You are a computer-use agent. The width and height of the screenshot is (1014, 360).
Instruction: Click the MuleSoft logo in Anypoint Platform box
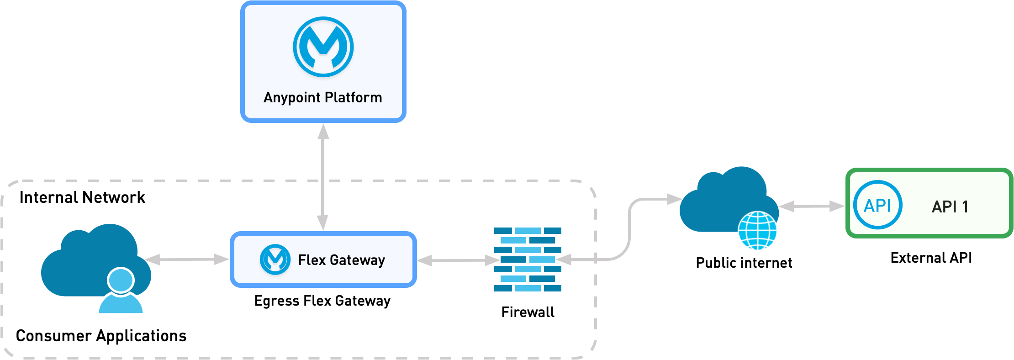[323, 47]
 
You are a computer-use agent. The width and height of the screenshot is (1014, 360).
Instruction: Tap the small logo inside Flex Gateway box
[275, 259]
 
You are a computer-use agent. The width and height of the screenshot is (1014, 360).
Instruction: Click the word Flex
[312, 260]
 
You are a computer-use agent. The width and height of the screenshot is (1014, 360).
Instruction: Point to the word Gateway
[357, 260]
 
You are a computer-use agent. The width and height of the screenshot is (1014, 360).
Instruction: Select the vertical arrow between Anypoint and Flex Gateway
[323, 178]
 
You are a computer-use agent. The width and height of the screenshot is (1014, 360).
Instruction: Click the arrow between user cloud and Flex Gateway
[186, 259]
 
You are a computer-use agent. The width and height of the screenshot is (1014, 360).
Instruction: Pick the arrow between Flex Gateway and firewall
[459, 260]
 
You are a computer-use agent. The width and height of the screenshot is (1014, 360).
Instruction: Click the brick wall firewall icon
[528, 259]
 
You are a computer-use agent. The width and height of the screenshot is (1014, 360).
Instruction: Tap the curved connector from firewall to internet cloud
[629, 228]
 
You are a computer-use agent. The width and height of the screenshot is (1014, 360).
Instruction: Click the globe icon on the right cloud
[757, 231]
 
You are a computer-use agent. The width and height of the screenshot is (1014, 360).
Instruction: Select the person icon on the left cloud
[121, 292]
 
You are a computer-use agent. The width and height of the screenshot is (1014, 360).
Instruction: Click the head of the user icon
[121, 280]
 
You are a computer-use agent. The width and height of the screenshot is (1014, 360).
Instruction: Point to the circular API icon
[877, 205]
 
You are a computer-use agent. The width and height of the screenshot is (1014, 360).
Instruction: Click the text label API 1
[950, 207]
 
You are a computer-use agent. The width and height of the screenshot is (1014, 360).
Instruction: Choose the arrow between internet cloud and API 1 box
[812, 207]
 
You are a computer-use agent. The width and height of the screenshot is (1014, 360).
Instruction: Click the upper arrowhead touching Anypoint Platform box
[323, 132]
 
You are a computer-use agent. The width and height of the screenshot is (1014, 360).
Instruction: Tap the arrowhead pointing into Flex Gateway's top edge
[323, 222]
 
